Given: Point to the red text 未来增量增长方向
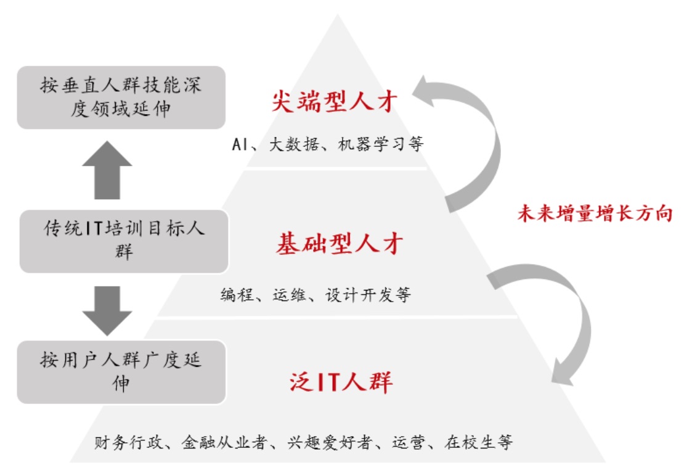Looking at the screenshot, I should [595, 213].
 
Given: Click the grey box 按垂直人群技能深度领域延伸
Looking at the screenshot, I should [121, 97].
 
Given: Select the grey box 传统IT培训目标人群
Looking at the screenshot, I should [124, 241].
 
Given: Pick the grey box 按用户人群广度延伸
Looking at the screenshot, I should [121, 371].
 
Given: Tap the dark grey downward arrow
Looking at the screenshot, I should [107, 310].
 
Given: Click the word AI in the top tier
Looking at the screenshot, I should [239, 145].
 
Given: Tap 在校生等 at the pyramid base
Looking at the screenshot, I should [478, 442].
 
